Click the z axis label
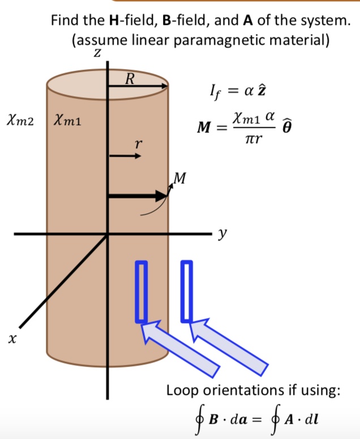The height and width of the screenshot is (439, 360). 97,54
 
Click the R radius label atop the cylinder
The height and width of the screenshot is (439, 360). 129,79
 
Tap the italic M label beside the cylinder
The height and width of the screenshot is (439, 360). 179,179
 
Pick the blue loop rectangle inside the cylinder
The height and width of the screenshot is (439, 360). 141,291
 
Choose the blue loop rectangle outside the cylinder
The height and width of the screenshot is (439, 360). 186,291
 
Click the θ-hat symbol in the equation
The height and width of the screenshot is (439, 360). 288,127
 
